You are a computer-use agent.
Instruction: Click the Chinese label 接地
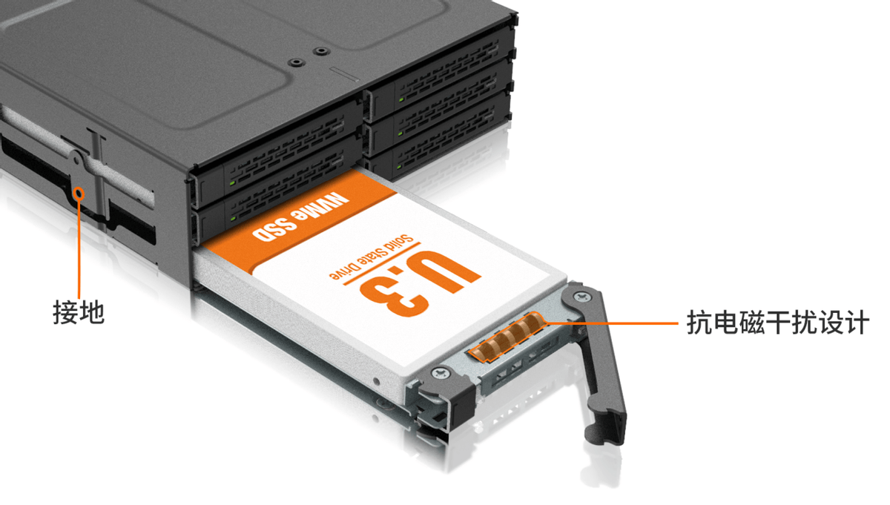(79, 313)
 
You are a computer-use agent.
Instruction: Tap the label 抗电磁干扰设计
(778, 323)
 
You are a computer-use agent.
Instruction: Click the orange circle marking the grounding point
(79, 193)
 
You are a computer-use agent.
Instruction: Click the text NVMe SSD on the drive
(301, 217)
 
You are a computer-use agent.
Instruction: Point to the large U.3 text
(421, 283)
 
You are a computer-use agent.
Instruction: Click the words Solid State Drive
(372, 257)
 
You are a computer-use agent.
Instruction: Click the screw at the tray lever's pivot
(581, 297)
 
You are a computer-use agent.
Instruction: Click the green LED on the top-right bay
(401, 99)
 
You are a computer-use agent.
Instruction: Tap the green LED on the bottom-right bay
(400, 166)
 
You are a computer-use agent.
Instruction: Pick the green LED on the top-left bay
(232, 182)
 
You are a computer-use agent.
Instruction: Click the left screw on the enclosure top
(296, 62)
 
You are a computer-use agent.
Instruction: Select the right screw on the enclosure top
(320, 51)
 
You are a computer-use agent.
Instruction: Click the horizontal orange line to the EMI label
(612, 323)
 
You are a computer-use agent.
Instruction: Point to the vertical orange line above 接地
(79, 248)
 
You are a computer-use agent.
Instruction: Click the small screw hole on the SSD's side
(376, 382)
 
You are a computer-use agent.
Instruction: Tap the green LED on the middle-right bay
(400, 133)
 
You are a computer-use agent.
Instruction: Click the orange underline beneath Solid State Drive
(381, 264)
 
